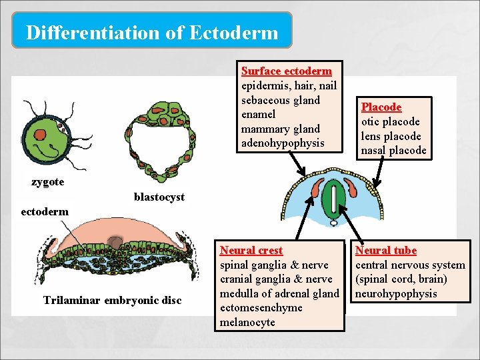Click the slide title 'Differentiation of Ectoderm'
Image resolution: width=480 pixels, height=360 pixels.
[x=152, y=32]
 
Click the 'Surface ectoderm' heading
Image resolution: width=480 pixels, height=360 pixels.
[x=286, y=71]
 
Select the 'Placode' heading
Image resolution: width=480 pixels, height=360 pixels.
[x=381, y=107]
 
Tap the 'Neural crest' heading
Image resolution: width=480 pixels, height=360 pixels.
[x=251, y=251]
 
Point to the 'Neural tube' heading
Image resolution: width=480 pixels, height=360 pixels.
[x=385, y=251]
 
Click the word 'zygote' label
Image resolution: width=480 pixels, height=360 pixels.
[x=47, y=182]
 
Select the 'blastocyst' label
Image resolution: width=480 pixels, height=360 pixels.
[x=159, y=197]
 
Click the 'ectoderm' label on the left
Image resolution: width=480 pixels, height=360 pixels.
[x=45, y=211]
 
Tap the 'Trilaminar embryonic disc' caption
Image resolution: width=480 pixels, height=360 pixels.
[x=112, y=300]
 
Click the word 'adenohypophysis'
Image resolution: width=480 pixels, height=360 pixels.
[x=283, y=143]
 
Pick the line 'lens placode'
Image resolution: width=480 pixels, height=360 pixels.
[x=391, y=136]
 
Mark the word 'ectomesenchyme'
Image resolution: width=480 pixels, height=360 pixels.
[x=261, y=308]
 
